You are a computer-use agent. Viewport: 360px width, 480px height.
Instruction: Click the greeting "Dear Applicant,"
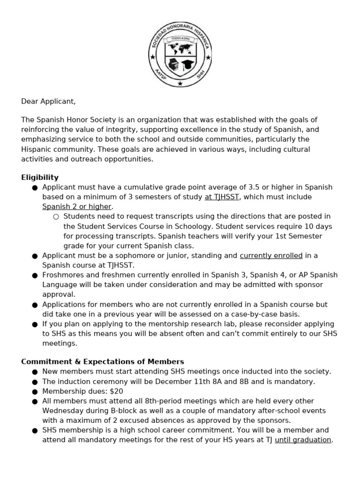(x=48, y=101)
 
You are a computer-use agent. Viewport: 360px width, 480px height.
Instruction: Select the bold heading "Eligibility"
(x=40, y=177)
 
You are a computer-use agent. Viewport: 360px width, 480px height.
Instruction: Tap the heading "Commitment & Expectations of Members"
(x=103, y=361)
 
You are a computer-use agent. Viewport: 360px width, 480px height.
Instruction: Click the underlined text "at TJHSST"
(x=222, y=197)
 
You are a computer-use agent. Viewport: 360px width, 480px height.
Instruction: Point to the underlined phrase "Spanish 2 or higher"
(x=77, y=207)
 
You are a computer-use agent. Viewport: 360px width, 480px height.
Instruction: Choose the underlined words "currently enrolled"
(x=271, y=255)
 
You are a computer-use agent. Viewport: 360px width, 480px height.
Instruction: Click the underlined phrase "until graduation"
(x=303, y=440)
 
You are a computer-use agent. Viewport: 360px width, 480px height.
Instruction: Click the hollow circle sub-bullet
(x=56, y=217)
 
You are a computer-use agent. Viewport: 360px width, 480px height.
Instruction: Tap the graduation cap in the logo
(x=187, y=63)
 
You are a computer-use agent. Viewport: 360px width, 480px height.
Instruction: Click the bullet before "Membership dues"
(x=35, y=391)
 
